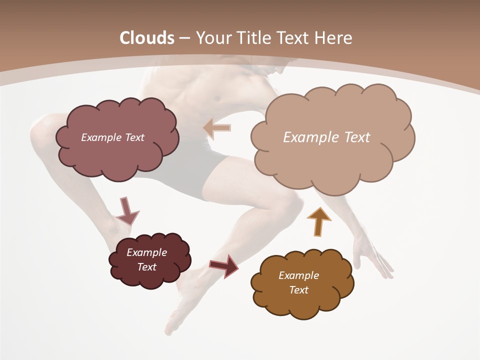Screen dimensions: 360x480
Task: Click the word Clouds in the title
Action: point(147,38)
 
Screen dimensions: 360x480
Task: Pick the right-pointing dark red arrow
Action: point(224,265)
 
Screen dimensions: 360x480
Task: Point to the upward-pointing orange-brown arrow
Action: point(318,220)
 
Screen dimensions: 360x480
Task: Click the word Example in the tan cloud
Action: point(306,137)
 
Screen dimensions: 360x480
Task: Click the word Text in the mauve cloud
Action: point(133,137)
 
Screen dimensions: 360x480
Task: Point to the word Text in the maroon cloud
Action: point(147,267)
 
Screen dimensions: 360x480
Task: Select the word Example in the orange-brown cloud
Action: point(298,275)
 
